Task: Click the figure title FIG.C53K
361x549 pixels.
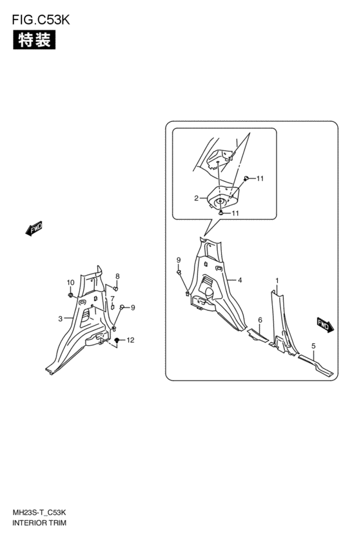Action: pyautogui.click(x=41, y=20)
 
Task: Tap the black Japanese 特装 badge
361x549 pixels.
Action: pyautogui.click(x=34, y=40)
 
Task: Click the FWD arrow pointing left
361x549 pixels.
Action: pyautogui.click(x=34, y=228)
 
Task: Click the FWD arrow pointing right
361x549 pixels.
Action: pyautogui.click(x=326, y=324)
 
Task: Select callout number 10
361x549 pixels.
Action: pyautogui.click(x=71, y=283)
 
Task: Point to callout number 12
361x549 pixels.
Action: pyautogui.click(x=130, y=340)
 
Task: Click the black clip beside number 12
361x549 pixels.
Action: pyautogui.click(x=117, y=341)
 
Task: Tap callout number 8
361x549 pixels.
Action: pyautogui.click(x=117, y=276)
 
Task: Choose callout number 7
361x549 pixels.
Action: pyautogui.click(x=113, y=299)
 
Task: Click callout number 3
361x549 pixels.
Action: pyautogui.click(x=61, y=319)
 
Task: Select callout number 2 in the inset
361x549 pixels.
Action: pyautogui.click(x=196, y=198)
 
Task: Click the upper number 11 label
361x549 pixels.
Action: pyautogui.click(x=260, y=179)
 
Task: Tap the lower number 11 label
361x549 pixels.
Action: pyautogui.click(x=235, y=213)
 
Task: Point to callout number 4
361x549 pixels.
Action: pyautogui.click(x=240, y=280)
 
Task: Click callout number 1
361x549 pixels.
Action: pyautogui.click(x=277, y=281)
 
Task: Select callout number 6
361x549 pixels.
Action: pyautogui.click(x=260, y=320)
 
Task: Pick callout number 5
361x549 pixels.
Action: pyautogui.click(x=313, y=346)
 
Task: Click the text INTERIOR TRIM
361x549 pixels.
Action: pyautogui.click(x=39, y=523)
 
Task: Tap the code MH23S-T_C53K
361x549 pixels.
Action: pyautogui.click(x=39, y=513)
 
